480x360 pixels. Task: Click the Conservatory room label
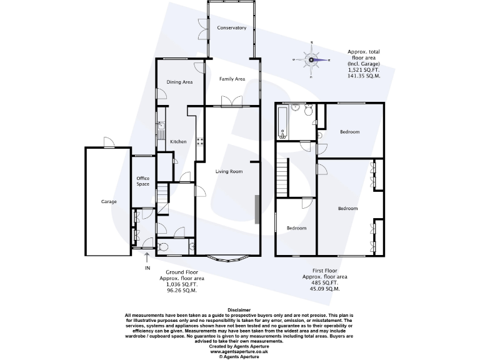pos(231,28)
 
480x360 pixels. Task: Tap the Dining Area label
pos(179,82)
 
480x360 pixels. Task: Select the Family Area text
pos(231,79)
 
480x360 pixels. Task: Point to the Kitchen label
pos(178,142)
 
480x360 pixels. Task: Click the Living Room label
pos(229,171)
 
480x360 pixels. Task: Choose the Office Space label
pos(143,181)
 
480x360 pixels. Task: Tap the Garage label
pos(109,202)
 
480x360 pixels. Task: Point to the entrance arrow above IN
pos(147,256)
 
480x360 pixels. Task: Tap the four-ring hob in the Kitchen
pos(199,141)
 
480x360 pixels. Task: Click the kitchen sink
pos(160,132)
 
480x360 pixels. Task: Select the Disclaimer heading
pos(239,309)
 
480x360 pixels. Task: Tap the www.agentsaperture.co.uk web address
pos(239,351)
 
